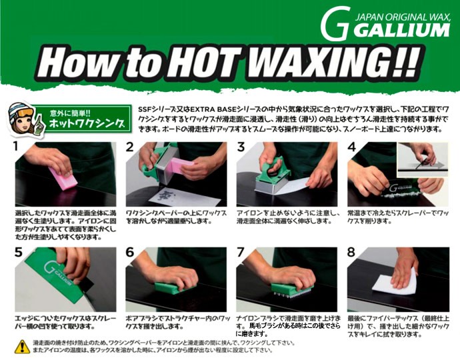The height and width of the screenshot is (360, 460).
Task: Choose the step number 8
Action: point(351,253)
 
